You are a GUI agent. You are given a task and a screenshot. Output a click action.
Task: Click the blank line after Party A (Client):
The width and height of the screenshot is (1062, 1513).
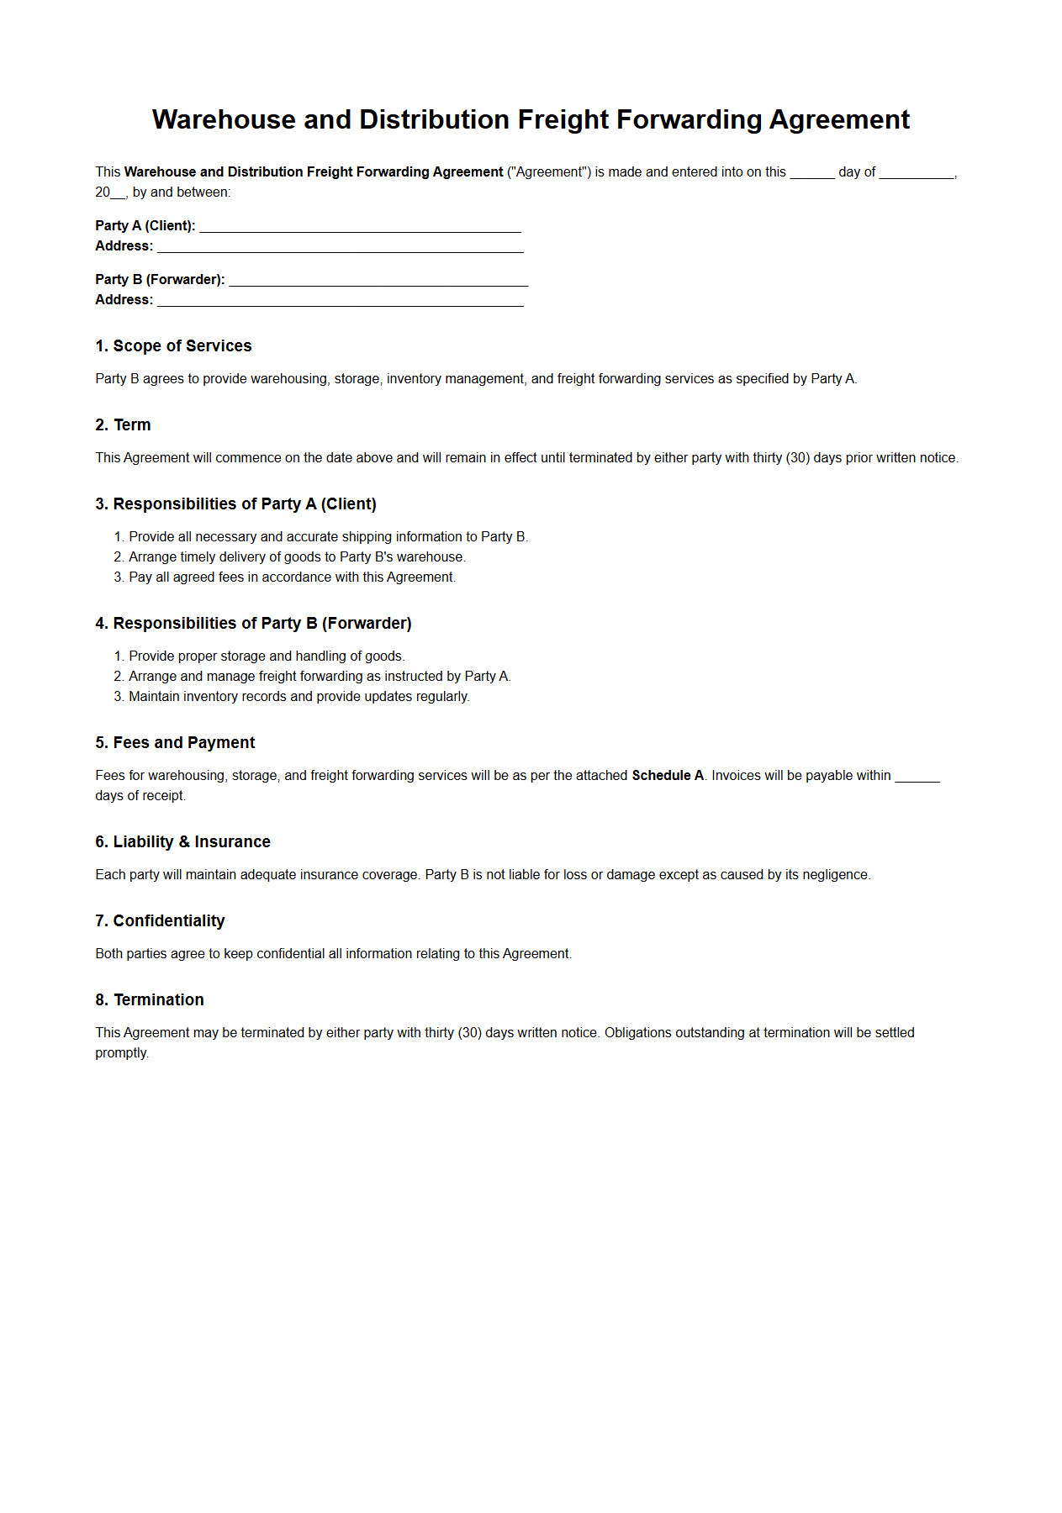360,227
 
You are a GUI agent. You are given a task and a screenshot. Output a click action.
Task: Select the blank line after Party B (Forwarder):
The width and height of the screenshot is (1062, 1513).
378,281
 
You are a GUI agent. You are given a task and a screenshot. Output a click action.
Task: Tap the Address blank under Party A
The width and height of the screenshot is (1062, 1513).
340,247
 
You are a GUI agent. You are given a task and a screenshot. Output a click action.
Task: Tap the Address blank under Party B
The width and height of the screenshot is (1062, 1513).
340,301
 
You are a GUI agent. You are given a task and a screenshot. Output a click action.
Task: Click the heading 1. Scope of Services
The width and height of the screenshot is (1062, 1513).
173,346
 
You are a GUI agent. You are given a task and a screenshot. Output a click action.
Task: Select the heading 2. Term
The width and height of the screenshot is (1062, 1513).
123,425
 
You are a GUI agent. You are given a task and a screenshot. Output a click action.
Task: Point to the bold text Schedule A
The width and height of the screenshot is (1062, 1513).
668,776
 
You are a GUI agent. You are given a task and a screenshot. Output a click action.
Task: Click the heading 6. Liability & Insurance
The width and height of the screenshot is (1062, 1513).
182,842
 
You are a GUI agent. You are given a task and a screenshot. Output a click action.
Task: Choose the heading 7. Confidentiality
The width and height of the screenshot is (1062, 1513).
160,921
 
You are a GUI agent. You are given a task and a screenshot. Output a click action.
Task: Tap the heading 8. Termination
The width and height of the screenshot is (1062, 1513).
150,1000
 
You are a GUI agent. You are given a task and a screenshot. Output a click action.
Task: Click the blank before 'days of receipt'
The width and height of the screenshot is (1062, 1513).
917,778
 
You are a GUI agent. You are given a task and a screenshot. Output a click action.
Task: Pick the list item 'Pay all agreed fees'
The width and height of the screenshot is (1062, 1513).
291,577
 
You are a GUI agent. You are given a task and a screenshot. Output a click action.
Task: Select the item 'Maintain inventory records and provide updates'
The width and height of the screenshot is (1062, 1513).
299,697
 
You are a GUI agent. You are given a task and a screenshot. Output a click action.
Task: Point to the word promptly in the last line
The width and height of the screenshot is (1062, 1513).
121,1053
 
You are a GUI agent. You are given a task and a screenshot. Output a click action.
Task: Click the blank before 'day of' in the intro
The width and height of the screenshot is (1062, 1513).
811,174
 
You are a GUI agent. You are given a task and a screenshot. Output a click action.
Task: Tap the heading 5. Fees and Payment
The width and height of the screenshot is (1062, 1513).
175,743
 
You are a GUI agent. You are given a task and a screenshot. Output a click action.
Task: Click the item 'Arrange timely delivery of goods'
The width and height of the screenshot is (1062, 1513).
296,557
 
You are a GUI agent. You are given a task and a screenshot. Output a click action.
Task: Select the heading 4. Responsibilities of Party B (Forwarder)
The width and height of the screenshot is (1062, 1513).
253,624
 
